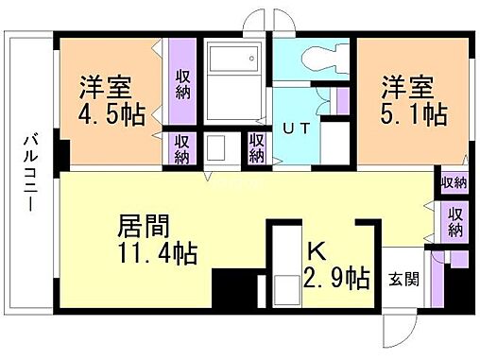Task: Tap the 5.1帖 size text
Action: [x=415, y=114]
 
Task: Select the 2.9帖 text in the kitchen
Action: [x=336, y=278]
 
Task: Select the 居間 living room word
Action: [x=144, y=226]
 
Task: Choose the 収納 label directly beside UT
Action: [x=256, y=146]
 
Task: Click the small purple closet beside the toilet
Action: [x=342, y=99]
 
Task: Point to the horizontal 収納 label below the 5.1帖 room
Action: [x=454, y=182]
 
